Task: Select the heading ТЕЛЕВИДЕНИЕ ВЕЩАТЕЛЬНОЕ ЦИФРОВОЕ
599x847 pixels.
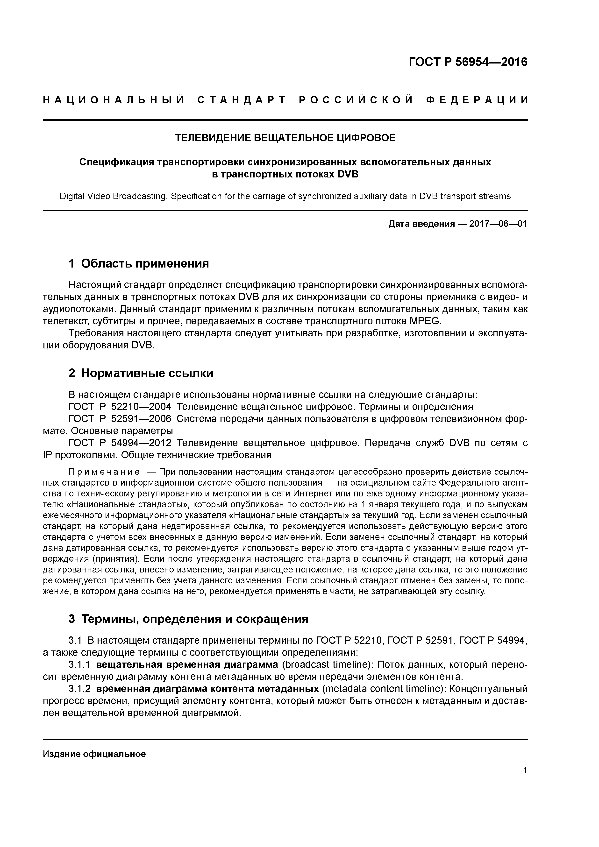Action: pyautogui.click(x=285, y=138)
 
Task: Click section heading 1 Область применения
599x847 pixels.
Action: pyautogui.click(x=139, y=263)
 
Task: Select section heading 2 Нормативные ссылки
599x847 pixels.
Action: pyautogui.click(x=141, y=373)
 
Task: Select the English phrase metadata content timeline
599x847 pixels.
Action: pyautogui.click(x=384, y=689)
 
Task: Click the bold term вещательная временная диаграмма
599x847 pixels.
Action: pyautogui.click(x=187, y=665)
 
